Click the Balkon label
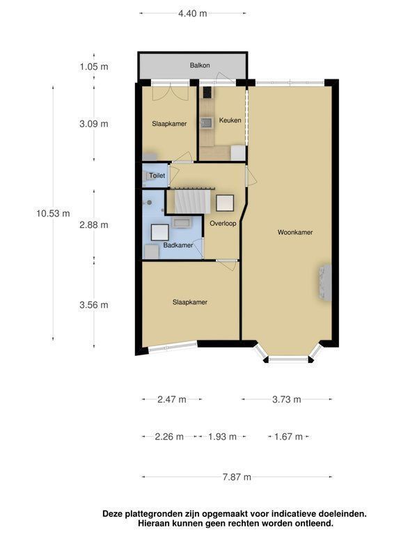[200, 65]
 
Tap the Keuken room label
[230, 120]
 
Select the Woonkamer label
[295, 233]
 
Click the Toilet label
[157, 176]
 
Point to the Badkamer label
[178, 245]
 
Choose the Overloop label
[223, 224]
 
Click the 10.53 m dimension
[53, 214]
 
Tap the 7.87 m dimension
[237, 476]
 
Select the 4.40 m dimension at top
[193, 13]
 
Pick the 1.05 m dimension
[94, 67]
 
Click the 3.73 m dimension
[287, 399]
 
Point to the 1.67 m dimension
[288, 437]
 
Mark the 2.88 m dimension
[94, 225]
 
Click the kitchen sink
[206, 123]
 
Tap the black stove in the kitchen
[207, 93]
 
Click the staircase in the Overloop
[192, 201]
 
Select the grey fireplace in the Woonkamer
[325, 283]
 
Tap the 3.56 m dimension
[94, 304]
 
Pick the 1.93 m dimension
[222, 437]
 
